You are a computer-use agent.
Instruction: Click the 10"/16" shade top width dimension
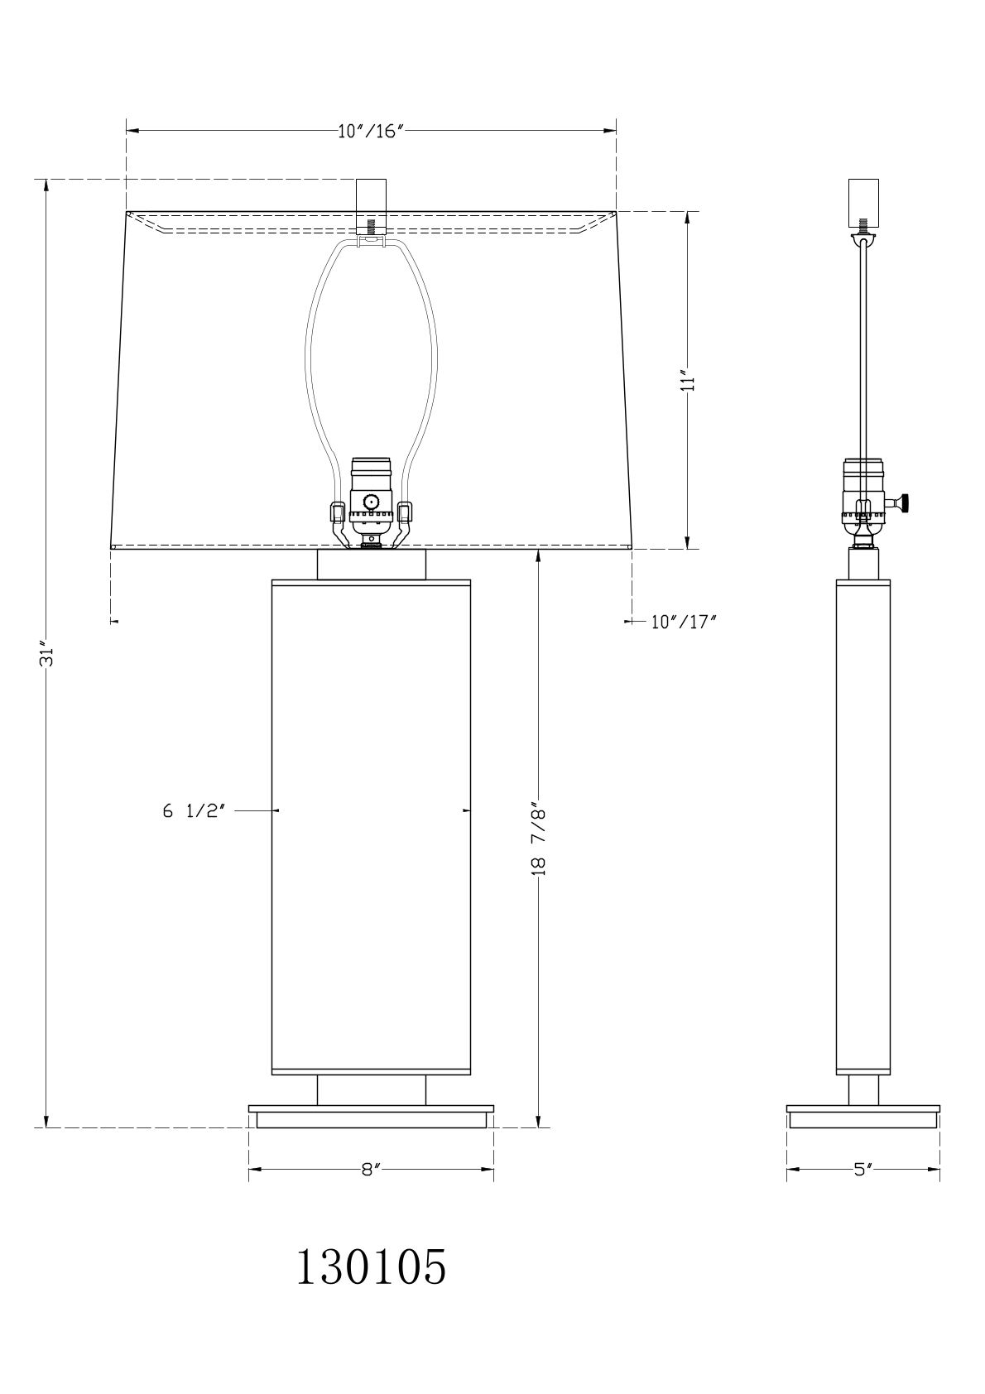[x=371, y=132]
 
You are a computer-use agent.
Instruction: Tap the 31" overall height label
[x=47, y=653]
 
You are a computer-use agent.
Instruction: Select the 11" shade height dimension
[x=687, y=381]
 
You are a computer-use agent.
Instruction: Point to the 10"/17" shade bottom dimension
[x=684, y=622]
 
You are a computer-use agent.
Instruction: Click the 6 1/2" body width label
[x=194, y=811]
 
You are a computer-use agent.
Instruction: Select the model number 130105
[x=371, y=1267]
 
